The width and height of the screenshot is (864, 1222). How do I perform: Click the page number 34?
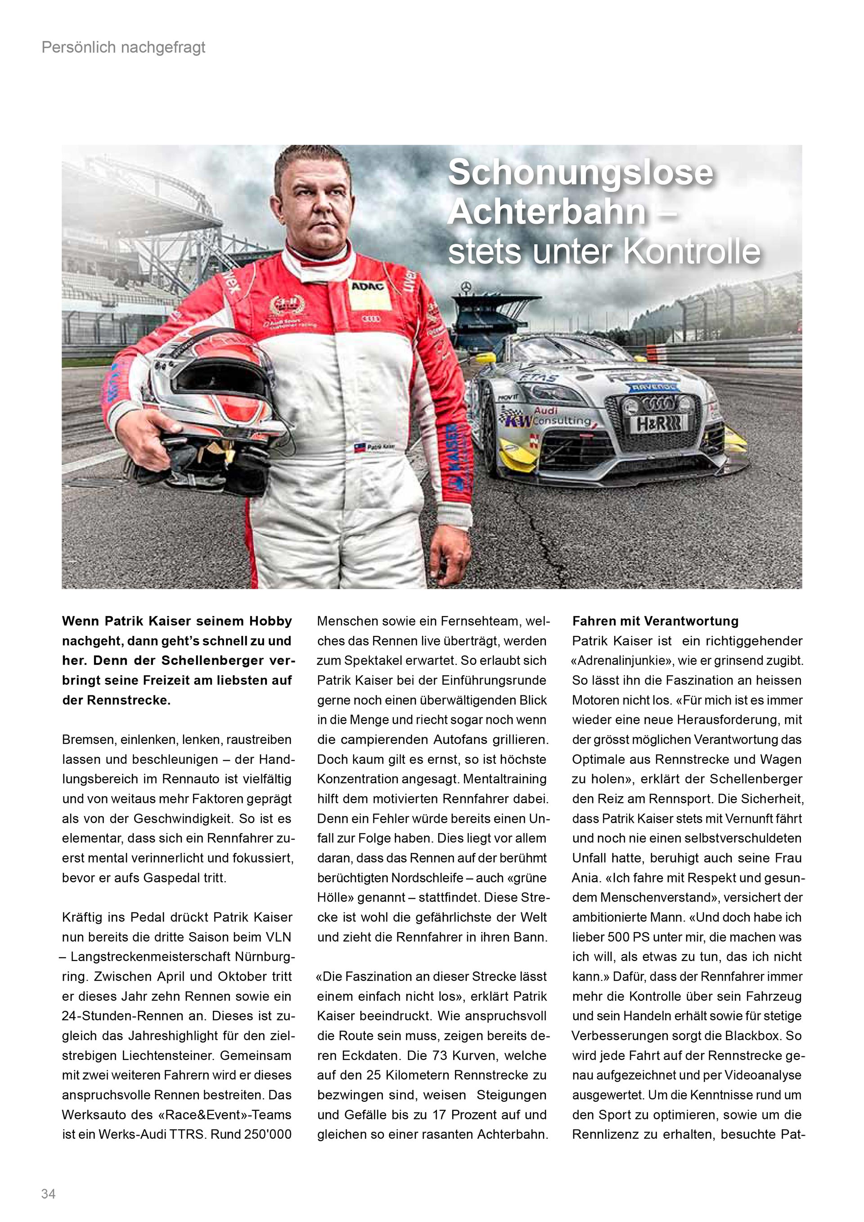(49, 1193)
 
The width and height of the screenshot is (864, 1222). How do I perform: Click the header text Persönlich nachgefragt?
(123, 48)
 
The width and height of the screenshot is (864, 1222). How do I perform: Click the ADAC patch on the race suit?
(368, 286)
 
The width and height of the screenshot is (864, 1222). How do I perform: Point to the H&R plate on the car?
(659, 424)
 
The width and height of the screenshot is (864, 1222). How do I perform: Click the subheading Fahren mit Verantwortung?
(656, 621)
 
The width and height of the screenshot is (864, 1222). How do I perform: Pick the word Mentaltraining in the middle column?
(505, 779)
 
